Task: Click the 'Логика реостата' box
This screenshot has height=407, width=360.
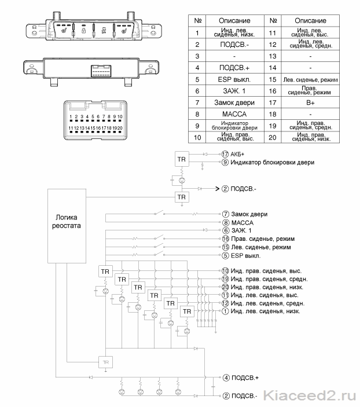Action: pyautogui.click(x=67, y=226)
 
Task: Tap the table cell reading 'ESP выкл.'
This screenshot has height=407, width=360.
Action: pyautogui.click(x=234, y=79)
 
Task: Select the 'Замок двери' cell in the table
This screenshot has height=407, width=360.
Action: pyautogui.click(x=234, y=102)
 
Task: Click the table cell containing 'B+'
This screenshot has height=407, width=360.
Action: pyautogui.click(x=310, y=102)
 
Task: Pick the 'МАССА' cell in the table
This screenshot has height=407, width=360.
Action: pyautogui.click(x=234, y=114)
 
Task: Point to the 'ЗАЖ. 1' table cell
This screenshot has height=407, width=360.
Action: pyautogui.click(x=234, y=91)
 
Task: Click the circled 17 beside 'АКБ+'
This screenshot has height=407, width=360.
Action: pyautogui.click(x=225, y=154)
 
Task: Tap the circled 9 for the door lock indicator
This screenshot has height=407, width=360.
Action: pyautogui.click(x=225, y=162)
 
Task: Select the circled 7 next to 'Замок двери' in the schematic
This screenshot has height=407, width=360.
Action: pyautogui.click(x=225, y=214)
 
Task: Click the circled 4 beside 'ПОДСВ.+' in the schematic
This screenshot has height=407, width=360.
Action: pyautogui.click(x=226, y=377)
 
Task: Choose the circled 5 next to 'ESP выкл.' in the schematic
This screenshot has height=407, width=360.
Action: pyautogui.click(x=225, y=255)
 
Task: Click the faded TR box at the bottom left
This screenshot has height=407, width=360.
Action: pyautogui.click(x=106, y=362)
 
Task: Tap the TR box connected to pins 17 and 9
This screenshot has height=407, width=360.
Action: pyautogui.click(x=182, y=159)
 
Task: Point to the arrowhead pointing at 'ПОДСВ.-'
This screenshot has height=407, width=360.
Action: pyautogui.click(x=218, y=189)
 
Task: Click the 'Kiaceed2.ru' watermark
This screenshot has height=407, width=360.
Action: pyautogui.click(x=310, y=396)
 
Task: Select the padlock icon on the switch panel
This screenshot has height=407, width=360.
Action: pyautogui.click(x=84, y=30)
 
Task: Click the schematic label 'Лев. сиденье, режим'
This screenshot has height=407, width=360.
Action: pyautogui.click(x=261, y=247)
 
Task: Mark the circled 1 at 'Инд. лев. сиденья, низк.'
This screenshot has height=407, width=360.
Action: pyautogui.click(x=225, y=311)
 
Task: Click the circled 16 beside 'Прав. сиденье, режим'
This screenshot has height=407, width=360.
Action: pyautogui.click(x=225, y=239)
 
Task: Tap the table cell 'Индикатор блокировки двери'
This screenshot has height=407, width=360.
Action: pyautogui.click(x=234, y=126)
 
